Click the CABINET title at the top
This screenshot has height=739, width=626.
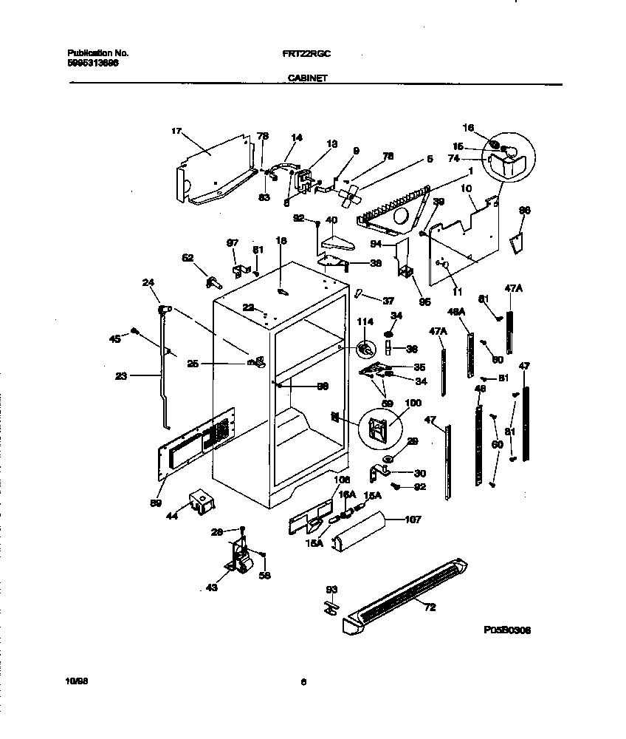[303, 76]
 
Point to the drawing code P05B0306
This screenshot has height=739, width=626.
[507, 630]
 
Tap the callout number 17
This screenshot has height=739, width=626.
[176, 132]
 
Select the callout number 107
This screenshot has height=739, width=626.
[413, 520]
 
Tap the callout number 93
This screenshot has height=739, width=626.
[331, 589]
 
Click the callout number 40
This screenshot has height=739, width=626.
[331, 219]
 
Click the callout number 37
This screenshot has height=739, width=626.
[388, 300]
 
